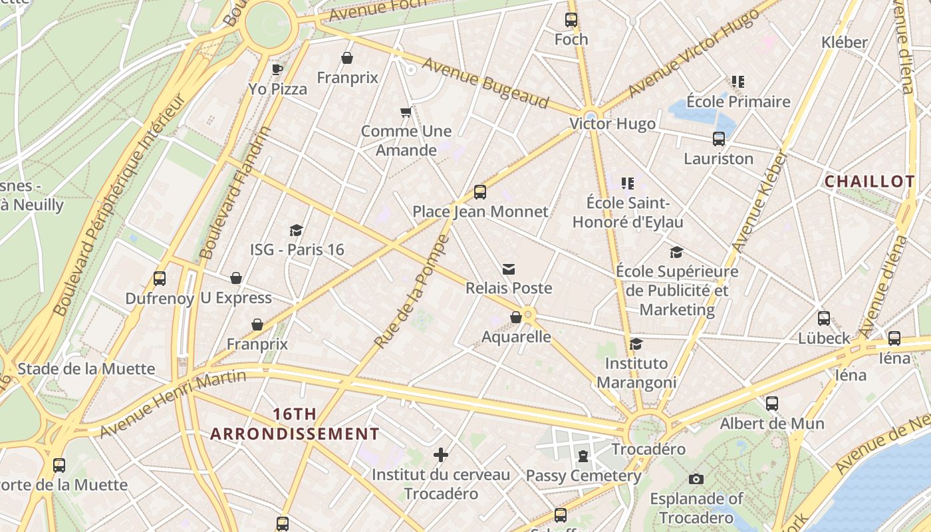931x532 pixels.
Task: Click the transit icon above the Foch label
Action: tap(571, 20)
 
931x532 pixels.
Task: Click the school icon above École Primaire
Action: tap(738, 82)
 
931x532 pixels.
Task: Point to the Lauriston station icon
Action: tap(719, 139)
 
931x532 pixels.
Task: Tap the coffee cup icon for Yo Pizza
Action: tap(277, 69)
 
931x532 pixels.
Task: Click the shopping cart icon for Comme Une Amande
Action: tap(406, 112)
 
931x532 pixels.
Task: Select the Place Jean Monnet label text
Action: tap(480, 211)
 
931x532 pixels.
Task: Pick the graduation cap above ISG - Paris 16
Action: tap(297, 230)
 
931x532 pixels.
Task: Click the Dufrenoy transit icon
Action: tap(160, 279)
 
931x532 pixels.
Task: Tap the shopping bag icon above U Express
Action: tap(236, 278)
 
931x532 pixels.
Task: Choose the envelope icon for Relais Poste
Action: tap(509, 269)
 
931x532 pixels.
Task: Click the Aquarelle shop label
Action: tap(516, 336)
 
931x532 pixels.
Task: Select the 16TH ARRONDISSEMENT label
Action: tap(295, 424)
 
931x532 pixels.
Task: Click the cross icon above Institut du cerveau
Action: tap(440, 455)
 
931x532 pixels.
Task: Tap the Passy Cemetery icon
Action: tap(583, 456)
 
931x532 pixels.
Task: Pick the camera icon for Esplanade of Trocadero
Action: tap(696, 479)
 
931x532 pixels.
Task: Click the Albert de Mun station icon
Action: tap(771, 404)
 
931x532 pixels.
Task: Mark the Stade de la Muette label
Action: tap(86, 369)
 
